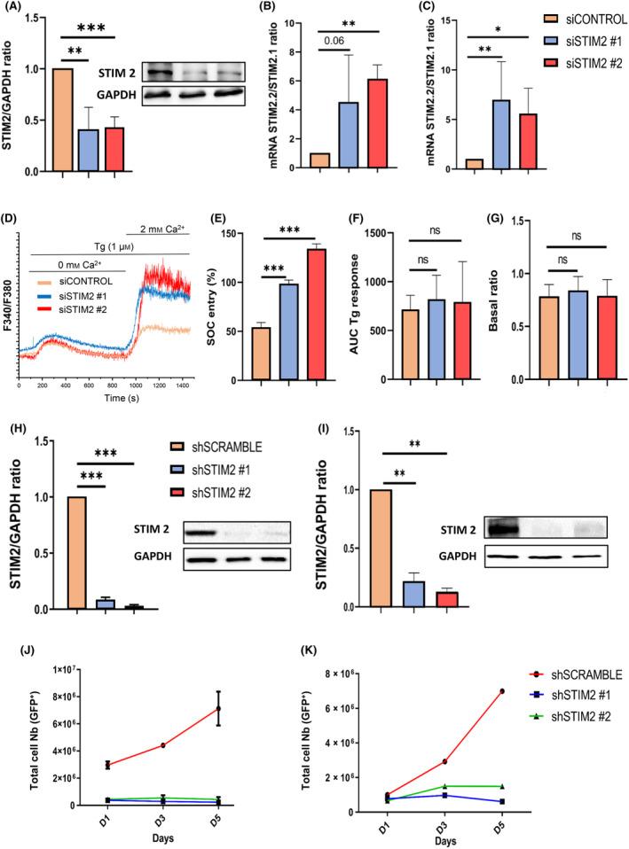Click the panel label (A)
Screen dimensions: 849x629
click(x=17, y=11)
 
